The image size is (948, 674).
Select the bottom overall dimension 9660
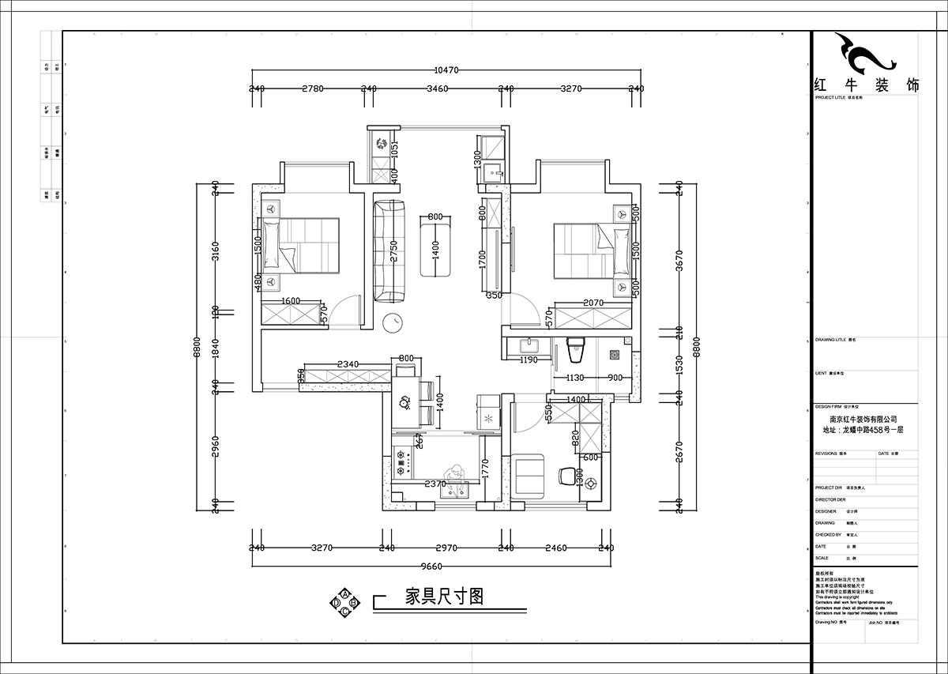[x=431, y=566]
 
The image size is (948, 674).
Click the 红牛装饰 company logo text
[x=866, y=86]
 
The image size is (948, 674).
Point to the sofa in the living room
[x=389, y=251]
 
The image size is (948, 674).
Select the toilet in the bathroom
[x=574, y=348]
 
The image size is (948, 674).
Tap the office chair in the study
[x=566, y=476]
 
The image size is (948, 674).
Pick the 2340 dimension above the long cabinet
[x=348, y=364]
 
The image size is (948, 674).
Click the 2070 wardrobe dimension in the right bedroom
[x=592, y=303]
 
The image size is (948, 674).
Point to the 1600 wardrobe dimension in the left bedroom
[x=291, y=301]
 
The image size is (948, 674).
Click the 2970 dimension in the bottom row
[x=446, y=547]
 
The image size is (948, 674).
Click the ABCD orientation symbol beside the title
[x=345, y=601]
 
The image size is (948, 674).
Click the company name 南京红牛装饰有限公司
[x=863, y=420]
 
